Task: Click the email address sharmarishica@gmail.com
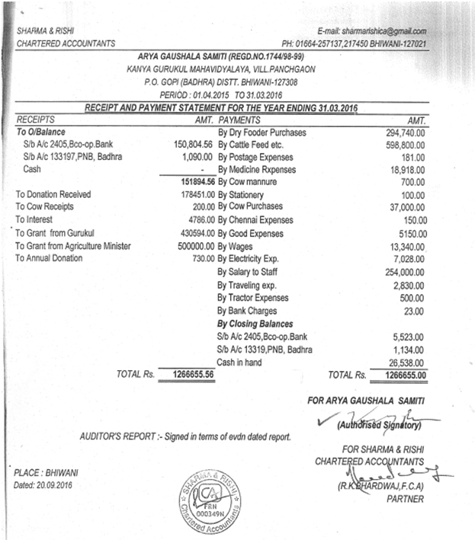click(373, 31)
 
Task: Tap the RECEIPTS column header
click(37, 120)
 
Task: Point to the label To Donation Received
click(53, 195)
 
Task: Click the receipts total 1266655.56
click(188, 375)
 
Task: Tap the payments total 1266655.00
click(401, 375)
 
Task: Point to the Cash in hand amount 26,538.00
click(406, 362)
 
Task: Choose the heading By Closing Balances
click(255, 324)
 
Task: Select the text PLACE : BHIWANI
click(46, 472)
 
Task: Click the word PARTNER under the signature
click(404, 499)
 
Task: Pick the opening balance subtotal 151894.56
click(188, 183)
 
